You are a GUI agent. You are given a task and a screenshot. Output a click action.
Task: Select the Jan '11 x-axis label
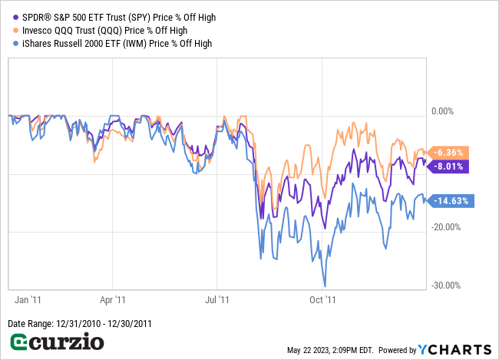click(28, 300)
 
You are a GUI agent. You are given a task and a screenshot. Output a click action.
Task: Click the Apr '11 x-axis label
click(113, 300)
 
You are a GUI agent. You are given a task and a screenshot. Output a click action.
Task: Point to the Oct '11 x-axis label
click(329, 300)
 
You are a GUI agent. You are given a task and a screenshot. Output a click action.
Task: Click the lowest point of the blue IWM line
click(326, 286)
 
